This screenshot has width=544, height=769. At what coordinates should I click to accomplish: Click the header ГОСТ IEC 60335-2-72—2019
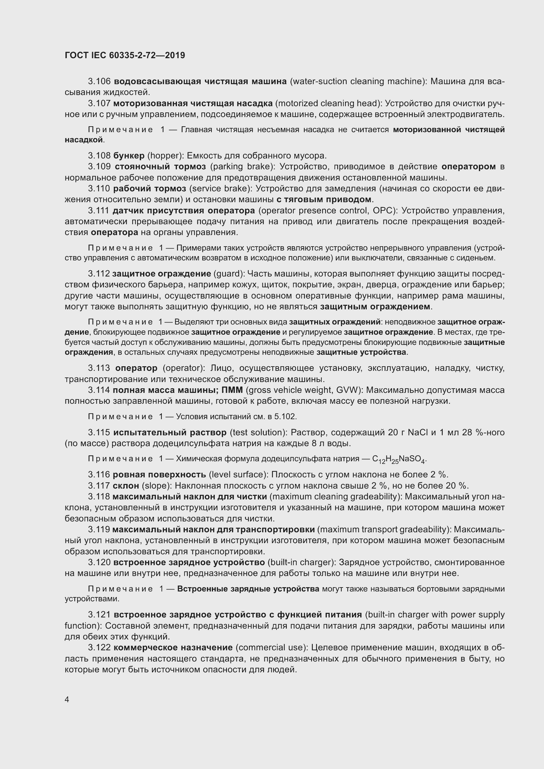point(125,55)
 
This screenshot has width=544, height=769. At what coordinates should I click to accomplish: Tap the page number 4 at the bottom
point(67,700)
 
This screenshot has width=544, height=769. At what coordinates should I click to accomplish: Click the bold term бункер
point(129,156)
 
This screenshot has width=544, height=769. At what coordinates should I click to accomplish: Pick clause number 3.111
point(98,211)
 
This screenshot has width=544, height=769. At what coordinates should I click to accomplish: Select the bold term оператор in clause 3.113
point(136,368)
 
